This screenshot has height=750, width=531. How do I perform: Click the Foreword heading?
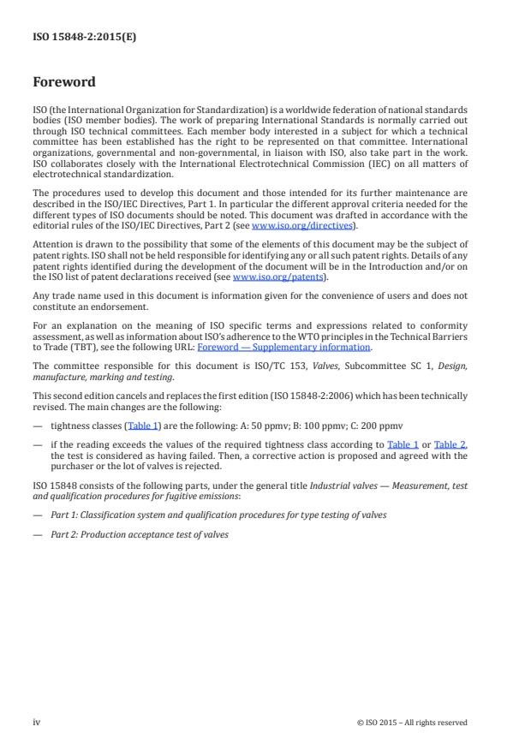64,83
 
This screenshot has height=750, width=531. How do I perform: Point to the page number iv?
37,722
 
